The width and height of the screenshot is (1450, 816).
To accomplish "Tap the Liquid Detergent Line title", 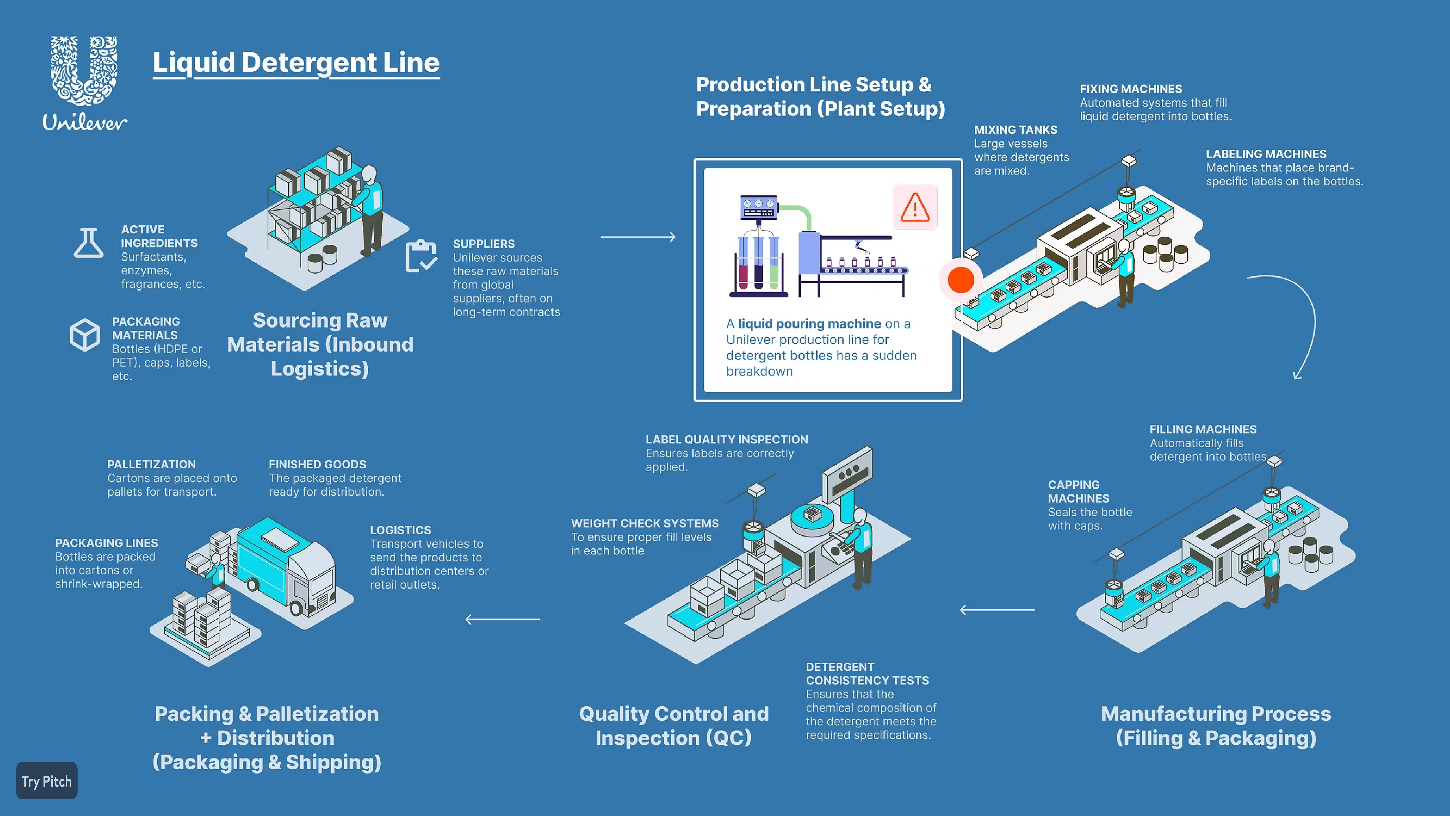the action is click(x=296, y=63).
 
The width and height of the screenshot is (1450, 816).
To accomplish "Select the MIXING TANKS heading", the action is click(x=1015, y=130).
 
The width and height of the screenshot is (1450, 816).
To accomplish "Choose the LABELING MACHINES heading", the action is click(x=1266, y=154).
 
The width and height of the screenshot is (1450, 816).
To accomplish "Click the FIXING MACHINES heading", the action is click(x=1131, y=89).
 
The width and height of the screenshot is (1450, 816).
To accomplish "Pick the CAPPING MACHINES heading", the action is click(x=1079, y=492).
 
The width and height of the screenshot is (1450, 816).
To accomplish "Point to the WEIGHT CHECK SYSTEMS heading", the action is click(x=645, y=524).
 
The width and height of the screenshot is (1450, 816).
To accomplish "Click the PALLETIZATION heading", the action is click(x=152, y=465).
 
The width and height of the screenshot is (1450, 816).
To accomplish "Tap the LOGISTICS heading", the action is click(x=400, y=530).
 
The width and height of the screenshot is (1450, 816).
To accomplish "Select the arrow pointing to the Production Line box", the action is click(x=638, y=237).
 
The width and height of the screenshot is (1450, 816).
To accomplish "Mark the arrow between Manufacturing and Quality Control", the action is click(x=997, y=610).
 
